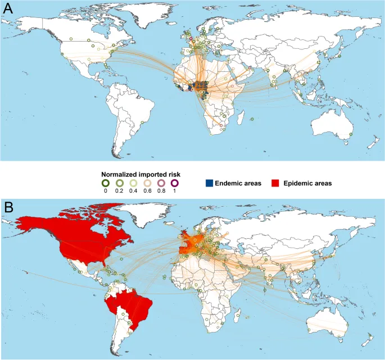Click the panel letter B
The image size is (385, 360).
pos(8,206)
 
